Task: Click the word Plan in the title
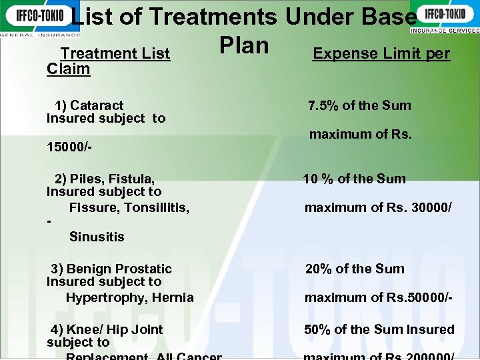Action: coord(244,45)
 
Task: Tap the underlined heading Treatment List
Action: coord(115,53)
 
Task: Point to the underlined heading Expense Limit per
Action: coord(381,53)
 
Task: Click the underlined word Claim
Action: coord(68,69)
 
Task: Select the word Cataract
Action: coord(97,105)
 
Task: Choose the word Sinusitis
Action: coord(97,237)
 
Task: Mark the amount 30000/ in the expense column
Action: coord(428,207)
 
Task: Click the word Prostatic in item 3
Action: coord(140,269)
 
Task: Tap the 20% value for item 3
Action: coord(319,269)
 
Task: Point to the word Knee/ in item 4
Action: coord(84,329)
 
